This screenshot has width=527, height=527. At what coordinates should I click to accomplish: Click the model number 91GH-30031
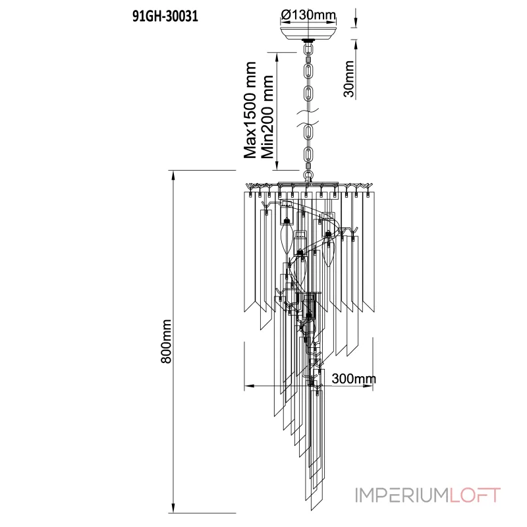(165, 16)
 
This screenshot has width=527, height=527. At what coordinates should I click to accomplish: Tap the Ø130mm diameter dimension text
(308, 14)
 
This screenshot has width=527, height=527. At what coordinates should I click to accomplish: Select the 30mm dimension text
(349, 78)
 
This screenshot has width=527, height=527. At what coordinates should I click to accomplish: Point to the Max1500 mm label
(250, 110)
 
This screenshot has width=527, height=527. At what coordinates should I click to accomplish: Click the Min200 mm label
(267, 117)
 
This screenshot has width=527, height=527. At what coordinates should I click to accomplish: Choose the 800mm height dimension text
(166, 341)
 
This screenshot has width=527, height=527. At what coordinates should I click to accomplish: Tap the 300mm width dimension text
(354, 379)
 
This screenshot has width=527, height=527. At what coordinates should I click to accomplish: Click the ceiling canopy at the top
(308, 32)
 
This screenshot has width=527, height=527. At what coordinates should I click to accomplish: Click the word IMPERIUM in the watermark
(402, 495)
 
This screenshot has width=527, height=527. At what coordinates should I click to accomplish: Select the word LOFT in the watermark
(475, 495)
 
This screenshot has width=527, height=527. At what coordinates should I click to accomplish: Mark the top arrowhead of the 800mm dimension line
(173, 175)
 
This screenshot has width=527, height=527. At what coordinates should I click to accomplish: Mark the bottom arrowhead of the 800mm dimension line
(173, 508)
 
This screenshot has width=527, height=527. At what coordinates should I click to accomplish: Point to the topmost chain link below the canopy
(308, 49)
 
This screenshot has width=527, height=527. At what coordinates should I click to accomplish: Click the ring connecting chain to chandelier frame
(308, 175)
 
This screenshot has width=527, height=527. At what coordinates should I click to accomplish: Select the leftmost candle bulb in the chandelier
(287, 239)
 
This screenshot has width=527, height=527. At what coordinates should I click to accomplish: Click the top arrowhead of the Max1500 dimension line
(277, 58)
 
